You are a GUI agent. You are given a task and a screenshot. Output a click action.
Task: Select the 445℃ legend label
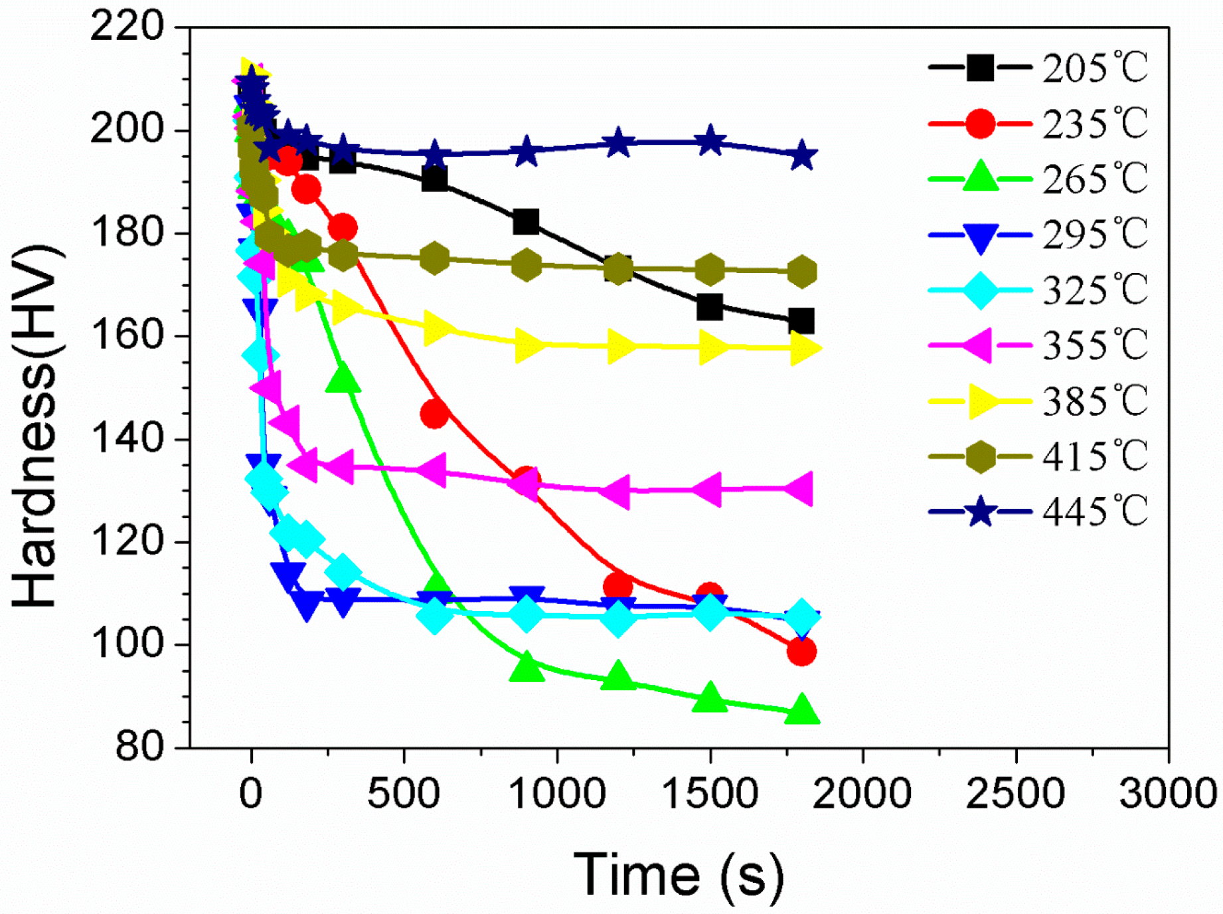pyautogui.click(x=1094, y=511)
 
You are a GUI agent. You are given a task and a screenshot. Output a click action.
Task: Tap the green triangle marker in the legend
pyautogui.click(x=980, y=178)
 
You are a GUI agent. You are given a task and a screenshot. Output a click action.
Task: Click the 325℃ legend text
pyautogui.click(x=1094, y=290)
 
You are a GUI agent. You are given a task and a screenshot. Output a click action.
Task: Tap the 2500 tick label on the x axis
pyautogui.click(x=1015, y=794)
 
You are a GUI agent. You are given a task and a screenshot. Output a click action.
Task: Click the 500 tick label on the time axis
pyautogui.click(x=404, y=794)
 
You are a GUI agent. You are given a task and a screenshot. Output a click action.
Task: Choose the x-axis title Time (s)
pyautogui.click(x=679, y=875)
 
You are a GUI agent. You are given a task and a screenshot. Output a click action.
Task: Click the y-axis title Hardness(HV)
pyautogui.click(x=37, y=425)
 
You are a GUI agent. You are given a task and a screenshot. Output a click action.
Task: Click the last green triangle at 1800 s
pyautogui.click(x=801, y=709)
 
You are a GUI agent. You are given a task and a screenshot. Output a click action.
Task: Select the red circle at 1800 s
pyautogui.click(x=801, y=652)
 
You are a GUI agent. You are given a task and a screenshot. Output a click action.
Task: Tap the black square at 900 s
pyautogui.click(x=526, y=222)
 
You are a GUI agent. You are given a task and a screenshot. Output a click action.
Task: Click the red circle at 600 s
pyautogui.click(x=434, y=414)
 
